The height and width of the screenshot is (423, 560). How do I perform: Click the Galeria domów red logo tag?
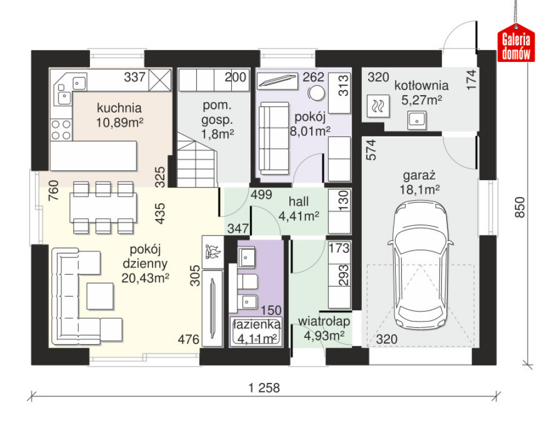(516, 43)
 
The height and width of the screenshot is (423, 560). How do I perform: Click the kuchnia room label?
(119, 108)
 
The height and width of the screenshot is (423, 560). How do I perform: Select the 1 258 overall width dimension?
(265, 388)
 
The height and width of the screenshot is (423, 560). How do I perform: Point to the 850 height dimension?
(520, 207)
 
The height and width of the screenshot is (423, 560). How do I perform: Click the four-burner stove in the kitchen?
(61, 130)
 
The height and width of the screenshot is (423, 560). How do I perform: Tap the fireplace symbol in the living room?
(213, 252)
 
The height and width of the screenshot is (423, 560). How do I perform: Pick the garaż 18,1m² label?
(420, 182)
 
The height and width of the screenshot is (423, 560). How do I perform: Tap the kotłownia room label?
(422, 86)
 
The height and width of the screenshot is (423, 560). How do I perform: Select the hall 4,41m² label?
(298, 209)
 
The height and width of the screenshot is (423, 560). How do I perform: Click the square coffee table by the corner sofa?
(100, 296)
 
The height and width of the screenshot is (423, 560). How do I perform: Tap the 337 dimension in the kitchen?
(135, 77)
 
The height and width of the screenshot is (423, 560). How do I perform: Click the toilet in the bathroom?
(246, 282)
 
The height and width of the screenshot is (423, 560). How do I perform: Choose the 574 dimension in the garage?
(371, 149)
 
